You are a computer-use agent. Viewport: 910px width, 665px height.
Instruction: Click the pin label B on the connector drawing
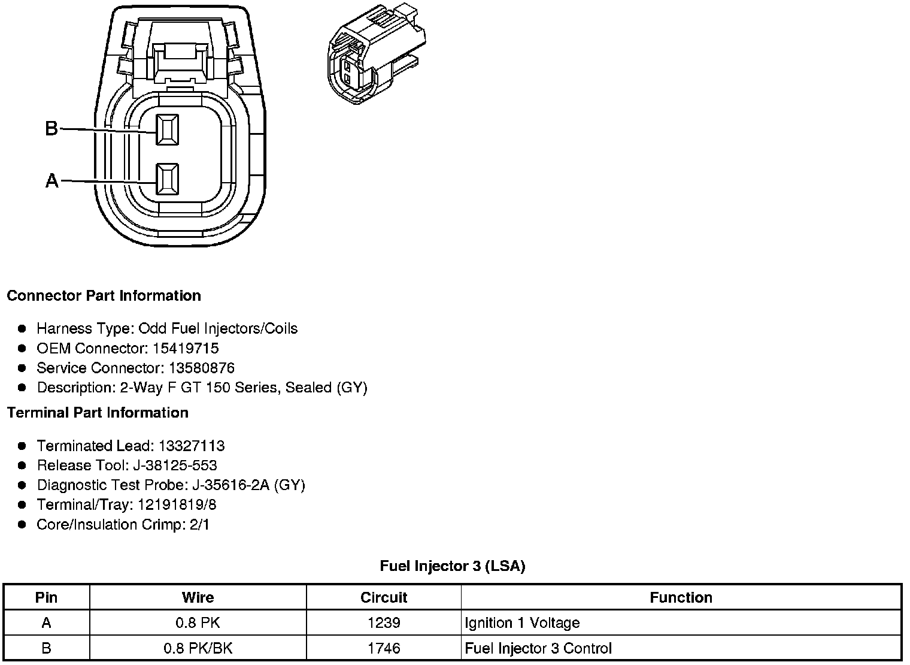click(51, 128)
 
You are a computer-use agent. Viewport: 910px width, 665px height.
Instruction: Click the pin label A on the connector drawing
click(52, 180)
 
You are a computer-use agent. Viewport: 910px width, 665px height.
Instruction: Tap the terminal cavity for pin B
click(167, 129)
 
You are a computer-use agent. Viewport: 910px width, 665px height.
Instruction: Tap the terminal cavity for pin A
click(167, 179)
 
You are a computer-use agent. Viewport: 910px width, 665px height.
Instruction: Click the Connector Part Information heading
click(104, 296)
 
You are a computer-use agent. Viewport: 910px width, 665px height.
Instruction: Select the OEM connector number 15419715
click(185, 348)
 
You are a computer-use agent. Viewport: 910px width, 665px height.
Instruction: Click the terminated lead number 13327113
click(192, 446)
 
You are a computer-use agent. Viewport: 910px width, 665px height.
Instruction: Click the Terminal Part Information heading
click(98, 413)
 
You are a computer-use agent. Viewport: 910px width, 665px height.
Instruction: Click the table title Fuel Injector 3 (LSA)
click(453, 566)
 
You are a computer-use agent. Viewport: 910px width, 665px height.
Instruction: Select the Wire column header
click(198, 597)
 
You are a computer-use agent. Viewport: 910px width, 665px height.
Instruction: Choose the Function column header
click(681, 597)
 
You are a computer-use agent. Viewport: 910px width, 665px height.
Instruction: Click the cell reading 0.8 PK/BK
click(198, 648)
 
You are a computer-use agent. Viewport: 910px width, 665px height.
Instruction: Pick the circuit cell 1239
click(384, 623)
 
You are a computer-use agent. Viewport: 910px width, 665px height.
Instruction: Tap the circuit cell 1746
click(384, 648)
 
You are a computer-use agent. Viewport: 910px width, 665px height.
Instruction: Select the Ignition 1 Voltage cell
click(522, 623)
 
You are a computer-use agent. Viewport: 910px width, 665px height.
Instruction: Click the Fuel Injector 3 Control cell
click(538, 648)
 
